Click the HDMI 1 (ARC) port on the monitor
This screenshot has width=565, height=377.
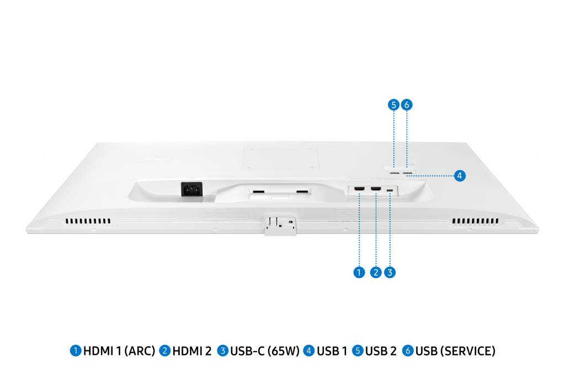coord(359,189)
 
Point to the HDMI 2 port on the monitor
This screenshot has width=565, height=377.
coord(376,189)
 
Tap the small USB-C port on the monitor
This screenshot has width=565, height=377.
coord(390,190)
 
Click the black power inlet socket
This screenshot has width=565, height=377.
coord(191,189)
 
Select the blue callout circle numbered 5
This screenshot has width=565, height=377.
coord(393,104)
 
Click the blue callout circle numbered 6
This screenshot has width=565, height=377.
coord(407,104)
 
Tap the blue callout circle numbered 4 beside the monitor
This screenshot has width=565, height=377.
coord(460,176)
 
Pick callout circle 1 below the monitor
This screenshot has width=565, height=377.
coord(359,273)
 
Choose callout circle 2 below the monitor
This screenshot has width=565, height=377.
coord(376,273)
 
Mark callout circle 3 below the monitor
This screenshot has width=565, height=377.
coord(390,273)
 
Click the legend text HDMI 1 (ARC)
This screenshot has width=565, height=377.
coord(119,351)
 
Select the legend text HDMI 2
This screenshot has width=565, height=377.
coord(192,351)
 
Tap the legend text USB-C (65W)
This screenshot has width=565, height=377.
coord(265,351)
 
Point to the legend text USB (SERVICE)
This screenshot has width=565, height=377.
coord(455,351)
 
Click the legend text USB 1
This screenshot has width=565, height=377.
coord(332,351)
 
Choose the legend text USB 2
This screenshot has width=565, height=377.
coord(381,351)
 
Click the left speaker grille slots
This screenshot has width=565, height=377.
coord(88,221)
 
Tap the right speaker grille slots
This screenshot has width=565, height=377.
coord(476,221)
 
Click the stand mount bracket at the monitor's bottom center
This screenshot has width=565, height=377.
coord(280,226)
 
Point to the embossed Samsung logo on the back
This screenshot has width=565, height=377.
coord(155,159)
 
